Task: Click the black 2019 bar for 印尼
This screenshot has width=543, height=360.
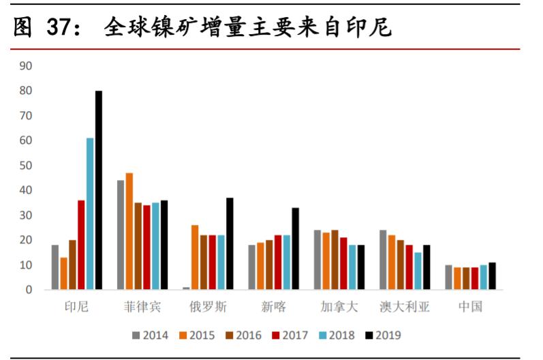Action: [x=99, y=190]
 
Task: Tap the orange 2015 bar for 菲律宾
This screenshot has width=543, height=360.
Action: [x=129, y=231]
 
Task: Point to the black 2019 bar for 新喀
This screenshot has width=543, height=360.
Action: [x=295, y=248]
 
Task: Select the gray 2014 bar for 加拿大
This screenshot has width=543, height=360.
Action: [x=317, y=260]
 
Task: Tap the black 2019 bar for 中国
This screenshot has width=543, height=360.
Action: [x=492, y=276]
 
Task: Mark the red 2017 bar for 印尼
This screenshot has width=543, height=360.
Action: [x=81, y=245]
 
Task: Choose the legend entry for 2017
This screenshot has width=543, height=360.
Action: [x=290, y=335]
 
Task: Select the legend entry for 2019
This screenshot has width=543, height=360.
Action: [x=382, y=335]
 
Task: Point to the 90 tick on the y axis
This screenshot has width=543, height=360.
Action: [x=27, y=66]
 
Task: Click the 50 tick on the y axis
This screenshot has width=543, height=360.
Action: [x=27, y=166]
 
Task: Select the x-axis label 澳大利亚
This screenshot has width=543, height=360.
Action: [x=405, y=307]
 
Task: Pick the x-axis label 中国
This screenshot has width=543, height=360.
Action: [x=470, y=307]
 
